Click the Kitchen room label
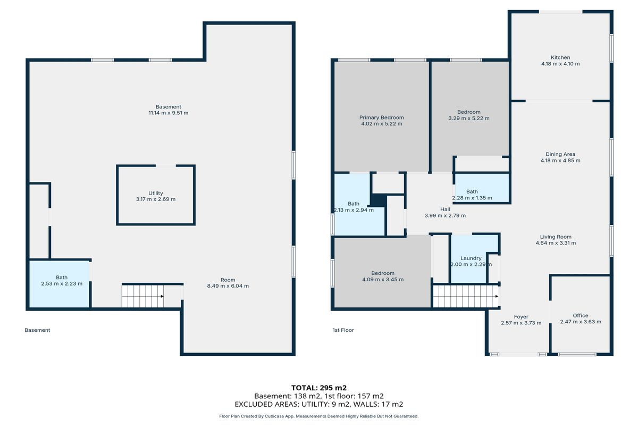pyautogui.click(x=560, y=57)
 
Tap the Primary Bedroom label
pyautogui.click(x=381, y=118)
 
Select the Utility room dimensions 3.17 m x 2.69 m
pyautogui.click(x=155, y=199)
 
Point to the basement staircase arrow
pyautogui.click(x=162, y=296)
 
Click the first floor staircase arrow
pyautogui.click(x=497, y=296)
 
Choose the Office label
pyautogui.click(x=581, y=315)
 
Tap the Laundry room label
pyautogui.click(x=471, y=258)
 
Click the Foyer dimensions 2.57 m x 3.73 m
pyautogui.click(x=521, y=323)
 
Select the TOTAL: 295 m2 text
pyautogui.click(x=318, y=388)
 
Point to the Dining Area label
pyautogui.click(x=560, y=154)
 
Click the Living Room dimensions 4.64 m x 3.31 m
pyautogui.click(x=556, y=243)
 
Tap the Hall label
pyautogui.click(x=445, y=209)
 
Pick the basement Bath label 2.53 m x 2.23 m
pyautogui.click(x=62, y=281)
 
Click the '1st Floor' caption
pyautogui.click(x=343, y=330)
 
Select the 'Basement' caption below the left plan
pyautogui.click(x=37, y=330)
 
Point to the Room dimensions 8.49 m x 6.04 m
pyautogui.click(x=228, y=286)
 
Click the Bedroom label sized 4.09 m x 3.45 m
pyautogui.click(x=382, y=276)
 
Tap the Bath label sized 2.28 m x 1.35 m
pyautogui.click(x=472, y=195)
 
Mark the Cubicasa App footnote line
pyautogui.click(x=318, y=416)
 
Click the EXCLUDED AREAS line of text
pyautogui.click(x=318, y=404)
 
